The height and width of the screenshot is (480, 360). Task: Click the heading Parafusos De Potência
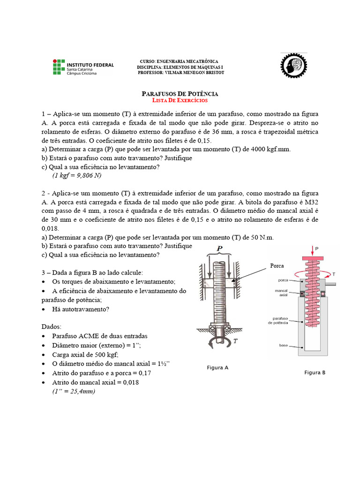tap(180, 94)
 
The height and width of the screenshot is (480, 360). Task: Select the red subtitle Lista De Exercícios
tap(180, 100)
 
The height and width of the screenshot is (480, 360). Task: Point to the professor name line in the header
tap(181, 73)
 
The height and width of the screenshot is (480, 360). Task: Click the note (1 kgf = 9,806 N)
tap(77, 175)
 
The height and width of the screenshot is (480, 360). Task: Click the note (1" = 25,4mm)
tap(74, 391)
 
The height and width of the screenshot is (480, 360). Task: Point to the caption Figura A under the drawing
tap(217, 368)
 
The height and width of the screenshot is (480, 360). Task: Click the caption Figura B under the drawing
tap(315, 373)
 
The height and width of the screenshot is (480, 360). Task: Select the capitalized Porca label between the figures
tap(277, 266)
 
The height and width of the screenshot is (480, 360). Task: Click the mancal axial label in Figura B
tap(281, 292)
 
